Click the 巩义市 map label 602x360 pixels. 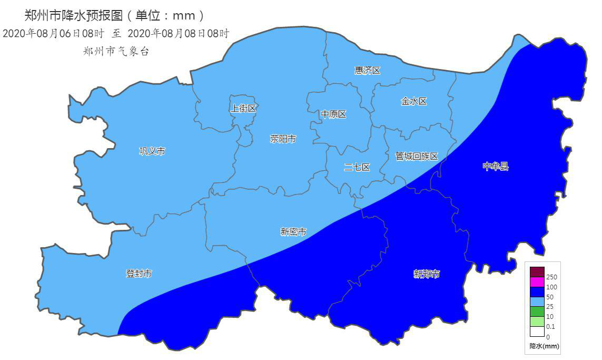pyautogui.click(x=152, y=151)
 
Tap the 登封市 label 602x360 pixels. pyautogui.click(x=139, y=274)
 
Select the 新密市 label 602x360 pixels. pyautogui.click(x=293, y=231)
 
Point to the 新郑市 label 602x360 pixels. pyautogui.click(x=427, y=274)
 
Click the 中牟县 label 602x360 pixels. pyautogui.click(x=496, y=167)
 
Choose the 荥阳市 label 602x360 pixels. pyautogui.click(x=283, y=139)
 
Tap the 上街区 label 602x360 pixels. pyautogui.click(x=243, y=108)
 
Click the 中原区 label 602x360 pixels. pyautogui.click(x=334, y=114)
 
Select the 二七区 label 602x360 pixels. pyautogui.click(x=357, y=167)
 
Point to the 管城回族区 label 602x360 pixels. pyautogui.click(x=417, y=156)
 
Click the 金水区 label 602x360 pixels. pyautogui.click(x=414, y=101)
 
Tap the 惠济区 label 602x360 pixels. pyautogui.click(x=367, y=70)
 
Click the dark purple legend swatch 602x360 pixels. pyautogui.click(x=537, y=272)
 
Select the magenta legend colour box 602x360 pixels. pyautogui.click(x=537, y=282)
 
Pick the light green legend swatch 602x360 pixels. pyautogui.click(x=537, y=322)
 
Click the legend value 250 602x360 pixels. pyautogui.click(x=551, y=277)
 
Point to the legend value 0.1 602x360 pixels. pyautogui.click(x=550, y=327)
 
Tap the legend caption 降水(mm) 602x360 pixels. pyautogui.click(x=545, y=346)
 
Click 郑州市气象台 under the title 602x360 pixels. pyautogui.click(x=116, y=51)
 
